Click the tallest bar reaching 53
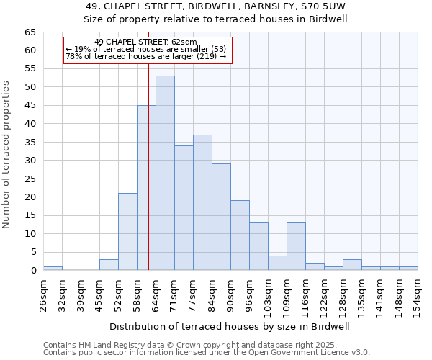[165, 173]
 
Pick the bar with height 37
[202, 202]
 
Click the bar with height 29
[221, 217]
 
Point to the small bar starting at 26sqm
[53, 269]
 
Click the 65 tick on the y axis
[30, 32]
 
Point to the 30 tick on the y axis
[30, 161]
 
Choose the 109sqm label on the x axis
[286, 295]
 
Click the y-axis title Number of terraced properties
[7, 155]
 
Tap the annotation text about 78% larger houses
[145, 56]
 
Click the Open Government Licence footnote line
[207, 353]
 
